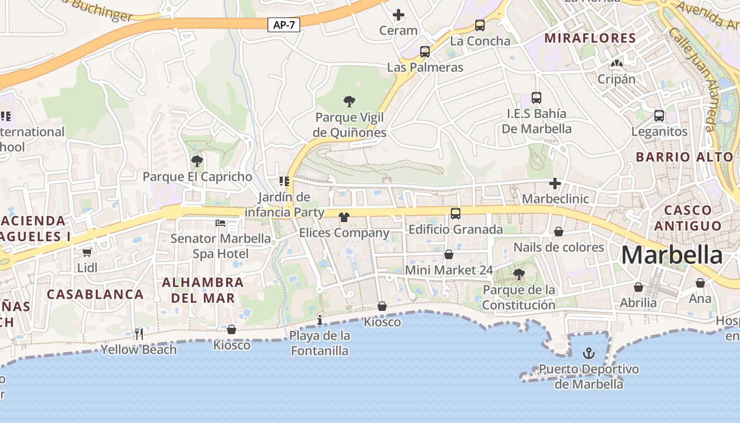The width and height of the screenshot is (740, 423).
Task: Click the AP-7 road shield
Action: tap(284, 25)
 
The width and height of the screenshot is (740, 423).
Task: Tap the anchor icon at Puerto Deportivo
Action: tap(589, 353)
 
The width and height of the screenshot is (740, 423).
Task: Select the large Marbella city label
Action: tap(671, 255)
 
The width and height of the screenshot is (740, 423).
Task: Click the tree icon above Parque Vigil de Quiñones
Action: tap(349, 101)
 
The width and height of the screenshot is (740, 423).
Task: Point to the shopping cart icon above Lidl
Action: tap(87, 253)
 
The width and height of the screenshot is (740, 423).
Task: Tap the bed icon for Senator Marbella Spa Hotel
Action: tap(220, 223)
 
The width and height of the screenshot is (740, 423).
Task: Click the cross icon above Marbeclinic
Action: tap(554, 183)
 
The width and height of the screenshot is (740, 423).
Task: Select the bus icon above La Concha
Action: tap(480, 25)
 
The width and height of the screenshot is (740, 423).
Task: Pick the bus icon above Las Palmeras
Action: tap(425, 52)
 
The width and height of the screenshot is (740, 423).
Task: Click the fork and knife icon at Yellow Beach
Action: tap(138, 334)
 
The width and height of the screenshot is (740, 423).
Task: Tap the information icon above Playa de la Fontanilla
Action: tap(319, 320)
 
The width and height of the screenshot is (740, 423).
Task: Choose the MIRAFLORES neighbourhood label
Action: tap(590, 38)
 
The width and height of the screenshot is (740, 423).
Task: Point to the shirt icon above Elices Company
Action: tap(344, 217)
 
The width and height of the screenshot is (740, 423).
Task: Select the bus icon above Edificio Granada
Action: tap(455, 214)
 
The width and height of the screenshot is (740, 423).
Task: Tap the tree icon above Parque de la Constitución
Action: tap(519, 274)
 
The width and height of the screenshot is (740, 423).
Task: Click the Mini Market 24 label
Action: tap(449, 270)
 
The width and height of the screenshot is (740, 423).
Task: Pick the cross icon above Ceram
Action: tap(399, 15)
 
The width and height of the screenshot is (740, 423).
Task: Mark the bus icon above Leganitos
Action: tap(659, 115)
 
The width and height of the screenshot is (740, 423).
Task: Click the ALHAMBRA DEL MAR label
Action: tap(203, 290)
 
